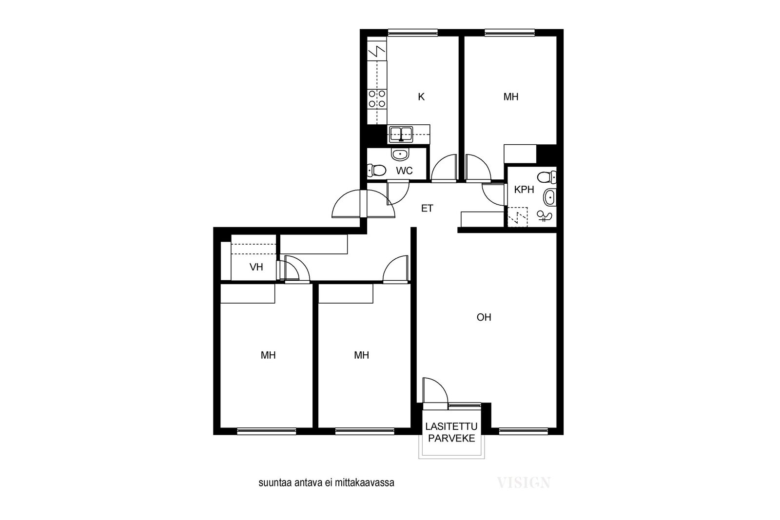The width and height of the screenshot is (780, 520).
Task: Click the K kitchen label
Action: [421, 97]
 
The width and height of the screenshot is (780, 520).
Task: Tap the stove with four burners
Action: [377, 98]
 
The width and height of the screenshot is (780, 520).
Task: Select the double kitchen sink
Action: [401, 135]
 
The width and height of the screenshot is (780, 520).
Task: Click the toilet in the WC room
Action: [376, 170]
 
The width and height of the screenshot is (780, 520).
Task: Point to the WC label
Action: [404, 171]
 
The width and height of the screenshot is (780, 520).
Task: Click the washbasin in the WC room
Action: [400, 154]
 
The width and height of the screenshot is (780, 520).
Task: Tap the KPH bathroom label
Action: [524, 190]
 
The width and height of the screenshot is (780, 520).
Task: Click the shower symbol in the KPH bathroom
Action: [544, 216]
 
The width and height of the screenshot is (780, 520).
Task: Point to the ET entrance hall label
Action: [427, 208]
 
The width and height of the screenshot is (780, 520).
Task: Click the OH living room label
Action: [484, 317]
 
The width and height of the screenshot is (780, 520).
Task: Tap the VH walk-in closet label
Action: [256, 267]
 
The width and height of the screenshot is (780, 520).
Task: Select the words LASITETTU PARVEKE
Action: [451, 432]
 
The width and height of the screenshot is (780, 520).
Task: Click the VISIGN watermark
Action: [524, 483]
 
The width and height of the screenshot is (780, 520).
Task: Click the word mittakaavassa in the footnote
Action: [364, 483]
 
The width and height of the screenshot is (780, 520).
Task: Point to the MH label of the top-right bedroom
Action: [511, 97]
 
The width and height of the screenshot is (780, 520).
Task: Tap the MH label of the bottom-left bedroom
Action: [268, 355]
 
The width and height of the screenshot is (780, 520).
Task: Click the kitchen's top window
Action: [412, 33]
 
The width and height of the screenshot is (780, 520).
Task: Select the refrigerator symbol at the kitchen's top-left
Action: [377, 51]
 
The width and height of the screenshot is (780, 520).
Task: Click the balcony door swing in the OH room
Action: [435, 393]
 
